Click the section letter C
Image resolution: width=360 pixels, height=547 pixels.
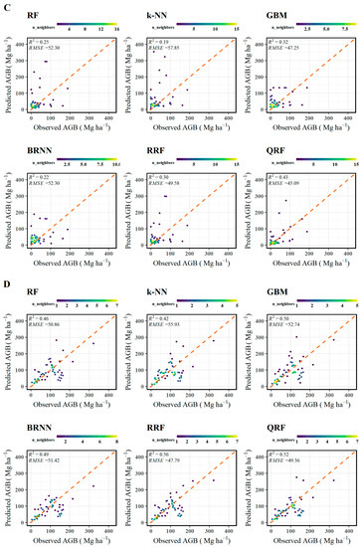click(6, 6)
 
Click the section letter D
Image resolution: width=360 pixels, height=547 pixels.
click(6, 281)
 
